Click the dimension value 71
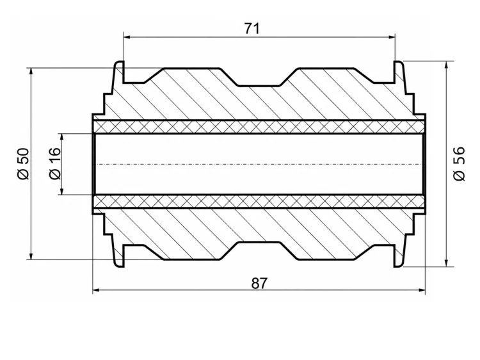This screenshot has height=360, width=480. click(x=252, y=28)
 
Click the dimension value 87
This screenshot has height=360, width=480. click(x=259, y=283)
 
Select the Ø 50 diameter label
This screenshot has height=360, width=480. click(x=24, y=163)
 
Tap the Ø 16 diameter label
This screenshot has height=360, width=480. click(x=55, y=163)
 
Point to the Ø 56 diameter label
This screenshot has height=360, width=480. click(x=459, y=163)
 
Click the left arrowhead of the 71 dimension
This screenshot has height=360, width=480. click(x=127, y=37)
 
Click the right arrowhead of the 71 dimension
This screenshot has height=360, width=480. click(x=392, y=37)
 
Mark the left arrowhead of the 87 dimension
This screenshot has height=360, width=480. click(x=97, y=290)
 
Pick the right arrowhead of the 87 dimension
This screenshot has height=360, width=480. click(x=422, y=290)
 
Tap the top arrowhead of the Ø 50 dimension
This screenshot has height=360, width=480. click(x=31, y=72)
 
